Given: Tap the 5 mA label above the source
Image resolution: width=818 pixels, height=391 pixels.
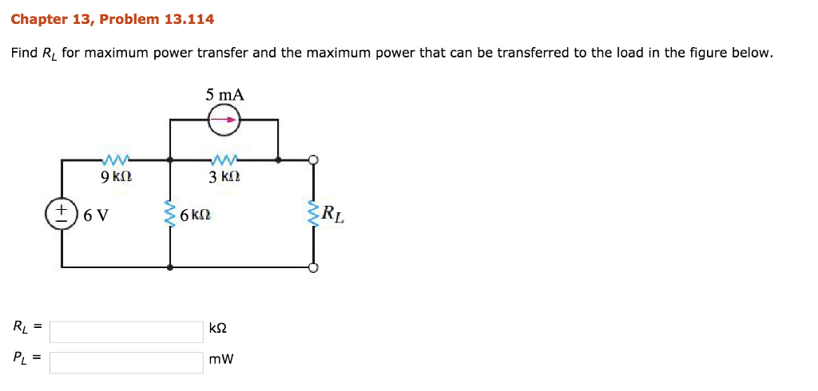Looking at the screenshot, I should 224,95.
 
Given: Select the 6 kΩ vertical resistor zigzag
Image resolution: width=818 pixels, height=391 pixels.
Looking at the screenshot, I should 169,214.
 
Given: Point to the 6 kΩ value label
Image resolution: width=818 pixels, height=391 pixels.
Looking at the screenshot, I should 195,215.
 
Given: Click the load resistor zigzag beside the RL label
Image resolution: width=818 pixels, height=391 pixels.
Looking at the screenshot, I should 313,214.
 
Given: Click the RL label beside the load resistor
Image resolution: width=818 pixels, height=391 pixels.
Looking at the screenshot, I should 333,215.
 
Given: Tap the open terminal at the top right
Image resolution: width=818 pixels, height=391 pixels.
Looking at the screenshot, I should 313,160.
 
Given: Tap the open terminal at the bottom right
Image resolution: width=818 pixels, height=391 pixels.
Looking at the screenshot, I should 313,267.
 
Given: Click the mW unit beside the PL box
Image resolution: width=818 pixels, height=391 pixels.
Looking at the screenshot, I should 221,360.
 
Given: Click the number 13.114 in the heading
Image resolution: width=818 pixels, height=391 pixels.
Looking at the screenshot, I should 189,18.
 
